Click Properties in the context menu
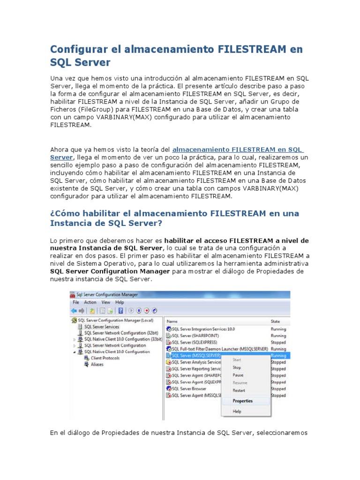243,401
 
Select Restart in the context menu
239,390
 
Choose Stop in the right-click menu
237,367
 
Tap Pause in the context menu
238,375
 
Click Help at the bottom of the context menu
237,412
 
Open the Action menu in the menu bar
90,302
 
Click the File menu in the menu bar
75,302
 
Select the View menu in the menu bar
106,302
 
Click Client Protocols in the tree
105,358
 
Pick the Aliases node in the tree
97,364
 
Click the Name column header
172,321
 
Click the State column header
276,321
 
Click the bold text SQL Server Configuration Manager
111,271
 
